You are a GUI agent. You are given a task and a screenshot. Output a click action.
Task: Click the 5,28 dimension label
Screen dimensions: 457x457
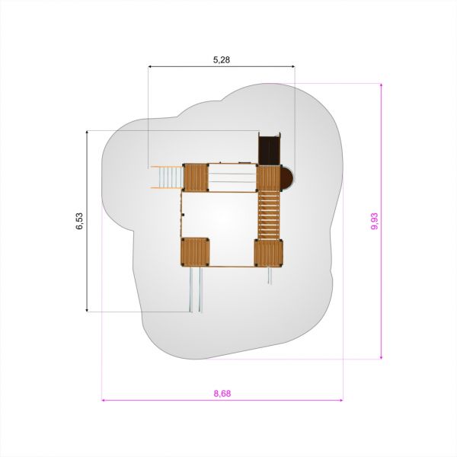click(x=222, y=59)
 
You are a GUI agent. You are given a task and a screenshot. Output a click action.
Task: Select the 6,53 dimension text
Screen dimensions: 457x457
click(x=79, y=221)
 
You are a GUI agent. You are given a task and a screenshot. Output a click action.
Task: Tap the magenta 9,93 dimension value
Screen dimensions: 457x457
click(x=375, y=221)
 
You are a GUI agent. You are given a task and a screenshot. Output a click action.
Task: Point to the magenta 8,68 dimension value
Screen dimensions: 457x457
click(x=222, y=394)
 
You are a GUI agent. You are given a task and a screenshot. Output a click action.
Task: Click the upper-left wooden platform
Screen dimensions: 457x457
click(x=196, y=177)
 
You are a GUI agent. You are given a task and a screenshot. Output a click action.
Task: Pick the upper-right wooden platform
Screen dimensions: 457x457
click(x=268, y=177)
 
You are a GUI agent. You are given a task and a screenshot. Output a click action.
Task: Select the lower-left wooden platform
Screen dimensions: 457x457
click(x=195, y=252)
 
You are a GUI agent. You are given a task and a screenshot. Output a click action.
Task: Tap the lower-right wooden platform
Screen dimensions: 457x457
click(x=268, y=253)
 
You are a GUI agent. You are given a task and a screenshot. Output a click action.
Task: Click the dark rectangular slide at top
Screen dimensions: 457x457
click(x=270, y=149)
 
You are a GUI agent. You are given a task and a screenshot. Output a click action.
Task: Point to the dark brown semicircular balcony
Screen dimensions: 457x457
click(x=287, y=177)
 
